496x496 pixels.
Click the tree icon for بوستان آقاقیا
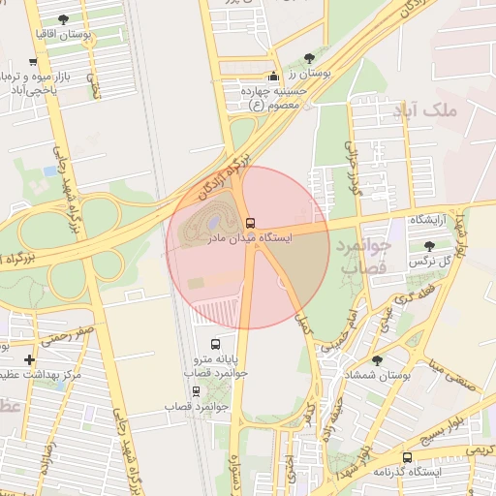[63, 19]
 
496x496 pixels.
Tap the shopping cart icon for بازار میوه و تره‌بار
[34, 62]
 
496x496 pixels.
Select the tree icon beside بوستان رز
[309, 58]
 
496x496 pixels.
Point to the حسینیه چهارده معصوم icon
[273, 76]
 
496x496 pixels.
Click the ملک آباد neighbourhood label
[452, 110]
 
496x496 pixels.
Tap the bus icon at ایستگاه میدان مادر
[251, 223]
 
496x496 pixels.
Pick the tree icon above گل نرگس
[429, 246]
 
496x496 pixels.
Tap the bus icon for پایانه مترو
[214, 343]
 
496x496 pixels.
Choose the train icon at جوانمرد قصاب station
[197, 391]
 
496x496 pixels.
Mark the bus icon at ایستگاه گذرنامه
[406, 457]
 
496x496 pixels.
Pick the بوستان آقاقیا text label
[89, 34]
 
